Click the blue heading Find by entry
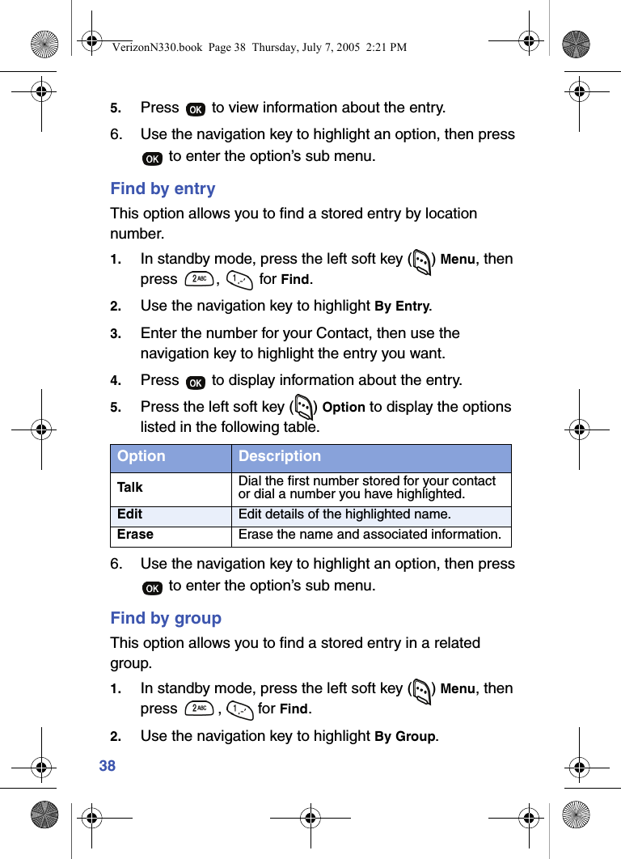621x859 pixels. point(163,188)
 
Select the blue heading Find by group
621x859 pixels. point(166,618)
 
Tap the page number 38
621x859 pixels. point(108,765)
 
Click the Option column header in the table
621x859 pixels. point(142,456)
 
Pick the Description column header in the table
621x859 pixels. point(280,456)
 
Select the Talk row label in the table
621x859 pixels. point(130,487)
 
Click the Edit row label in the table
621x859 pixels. point(129,514)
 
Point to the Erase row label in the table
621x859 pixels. point(135,535)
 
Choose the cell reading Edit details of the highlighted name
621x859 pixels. point(344,514)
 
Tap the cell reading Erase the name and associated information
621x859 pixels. point(370,535)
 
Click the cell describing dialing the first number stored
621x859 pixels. point(367,487)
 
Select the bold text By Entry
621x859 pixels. point(403,307)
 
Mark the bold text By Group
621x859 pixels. point(406,736)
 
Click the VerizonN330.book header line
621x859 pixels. point(260,48)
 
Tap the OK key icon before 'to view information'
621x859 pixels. point(195,109)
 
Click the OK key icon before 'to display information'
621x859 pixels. point(195,382)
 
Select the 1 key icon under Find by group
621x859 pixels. point(240,709)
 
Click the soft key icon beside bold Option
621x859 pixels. point(304,406)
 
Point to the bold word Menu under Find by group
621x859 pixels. point(458,689)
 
